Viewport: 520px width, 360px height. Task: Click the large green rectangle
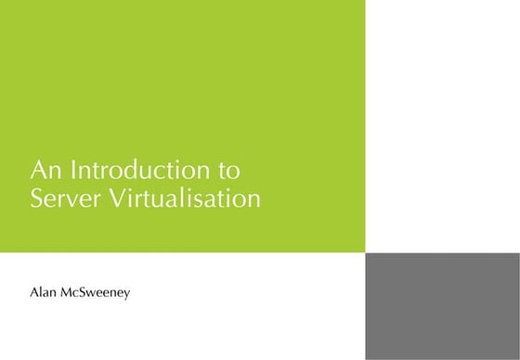(x=182, y=93)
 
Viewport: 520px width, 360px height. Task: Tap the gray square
(x=442, y=306)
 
